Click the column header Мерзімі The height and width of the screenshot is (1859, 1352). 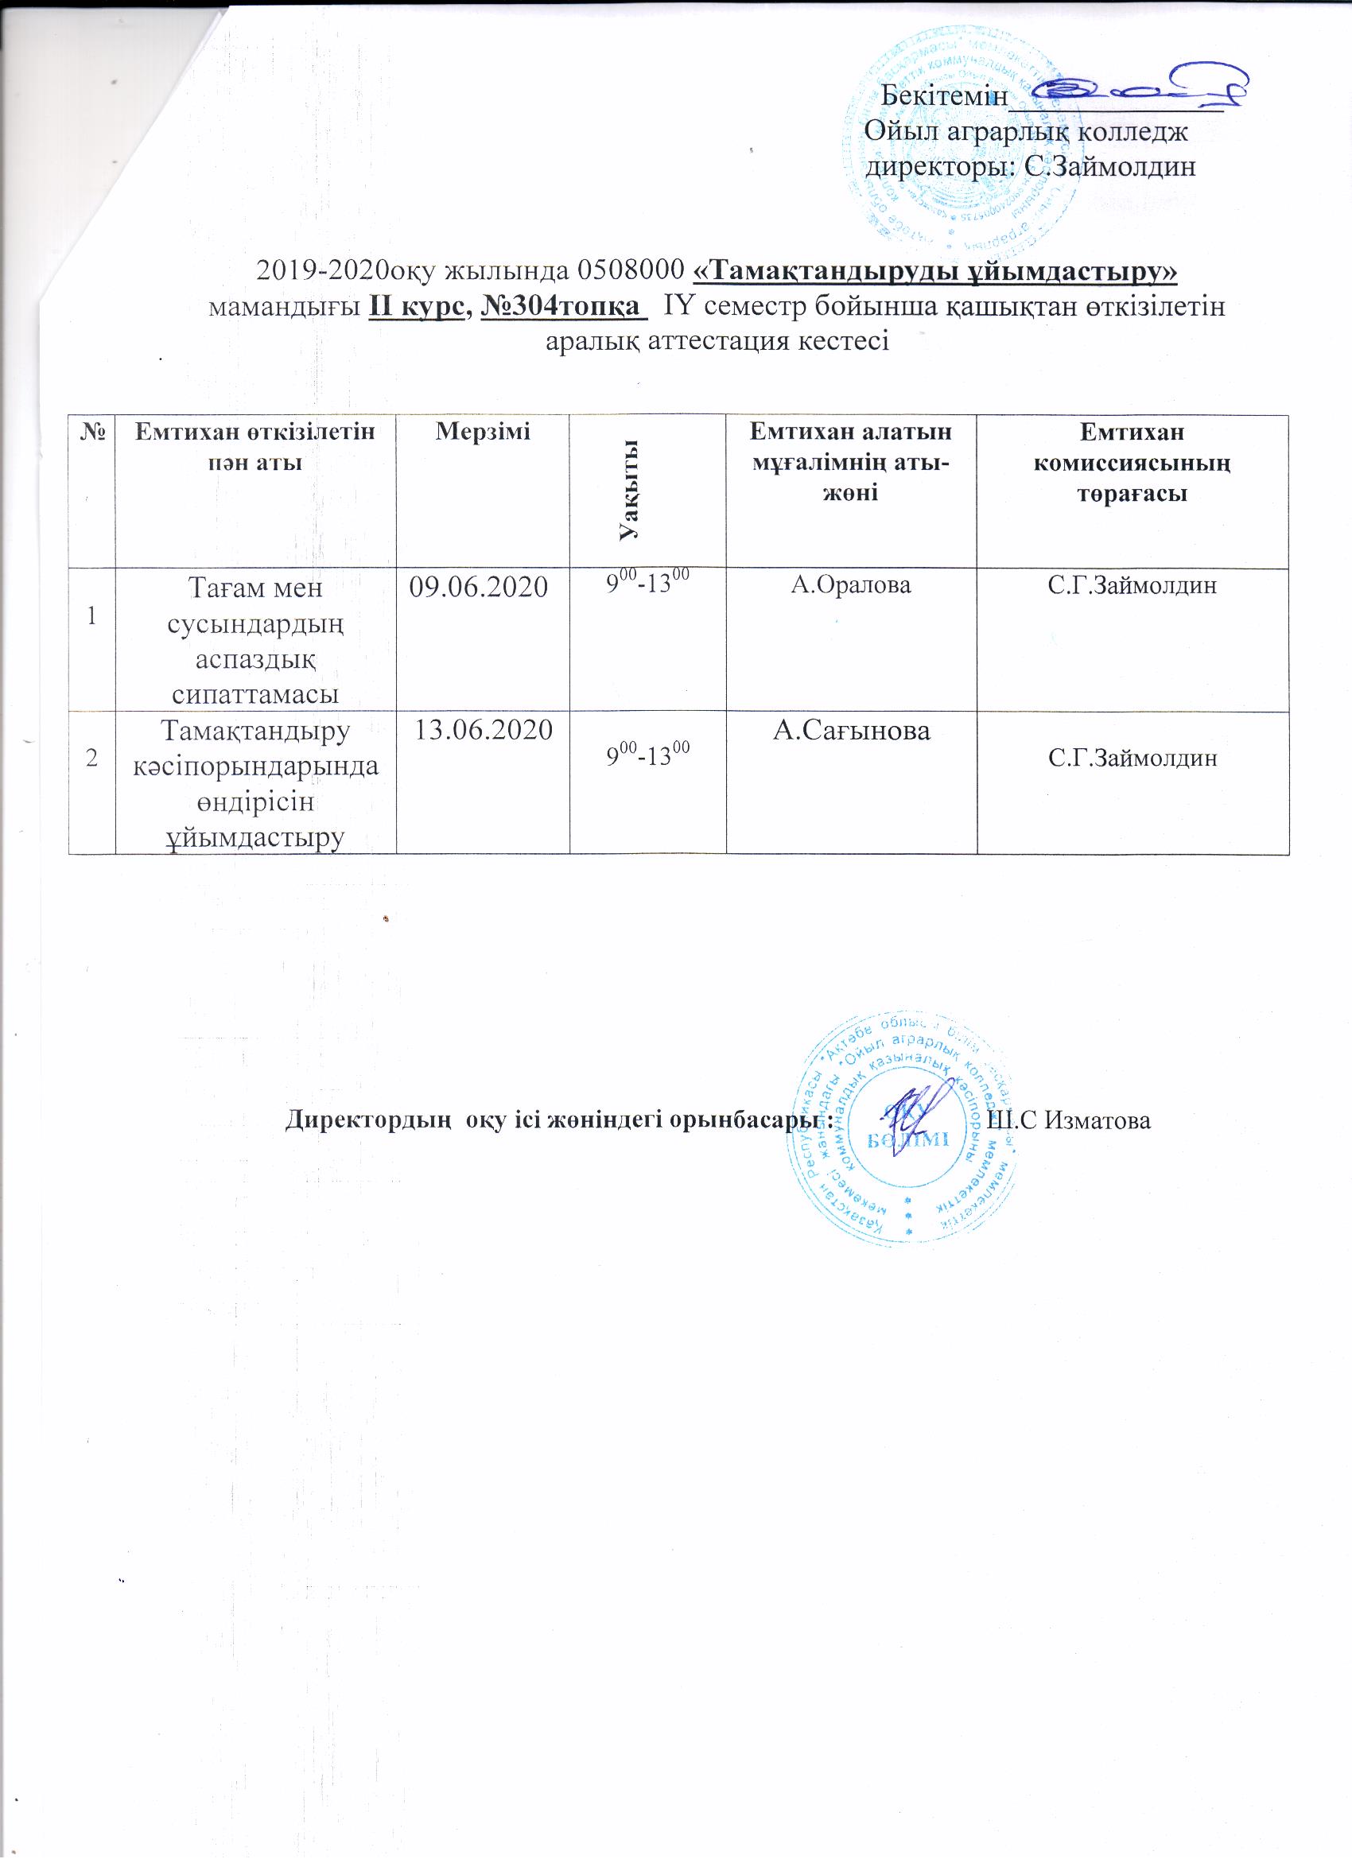pos(482,429)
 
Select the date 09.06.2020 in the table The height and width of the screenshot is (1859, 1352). pos(482,588)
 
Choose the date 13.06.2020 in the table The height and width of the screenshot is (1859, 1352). pos(482,728)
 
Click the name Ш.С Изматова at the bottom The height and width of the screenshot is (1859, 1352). pos(1070,1120)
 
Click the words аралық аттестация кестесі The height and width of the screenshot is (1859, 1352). pos(717,341)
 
